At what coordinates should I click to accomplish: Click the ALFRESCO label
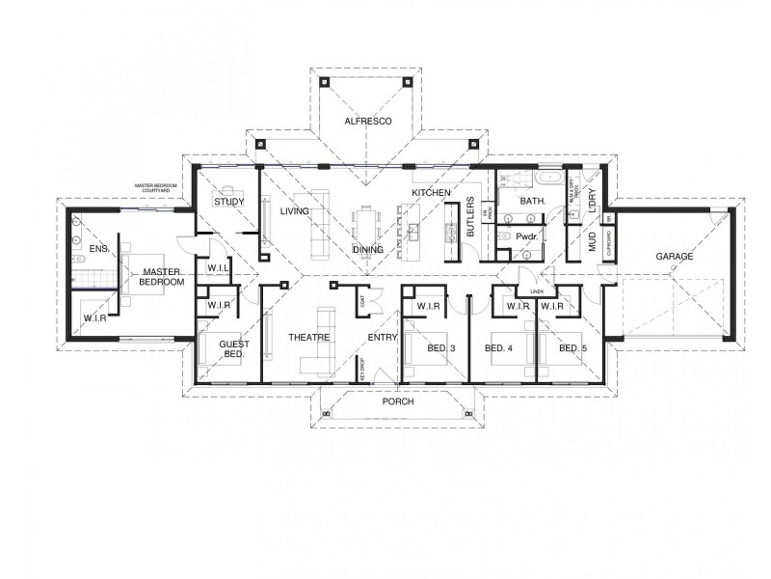tap(366, 123)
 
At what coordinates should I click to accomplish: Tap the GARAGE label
tap(675, 258)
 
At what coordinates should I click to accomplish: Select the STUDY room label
tap(228, 202)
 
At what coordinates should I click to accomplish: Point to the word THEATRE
tap(309, 337)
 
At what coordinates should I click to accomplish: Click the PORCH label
tap(397, 400)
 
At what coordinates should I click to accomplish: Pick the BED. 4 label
tap(498, 347)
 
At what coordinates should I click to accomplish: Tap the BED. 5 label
tap(572, 347)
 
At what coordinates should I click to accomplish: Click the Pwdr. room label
tap(526, 236)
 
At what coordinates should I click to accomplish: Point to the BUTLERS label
tap(470, 218)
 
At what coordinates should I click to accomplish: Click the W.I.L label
tap(216, 269)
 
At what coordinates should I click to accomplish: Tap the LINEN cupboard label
tap(536, 289)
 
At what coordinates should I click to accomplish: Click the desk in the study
tap(230, 188)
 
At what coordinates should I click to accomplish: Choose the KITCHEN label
tap(431, 194)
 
